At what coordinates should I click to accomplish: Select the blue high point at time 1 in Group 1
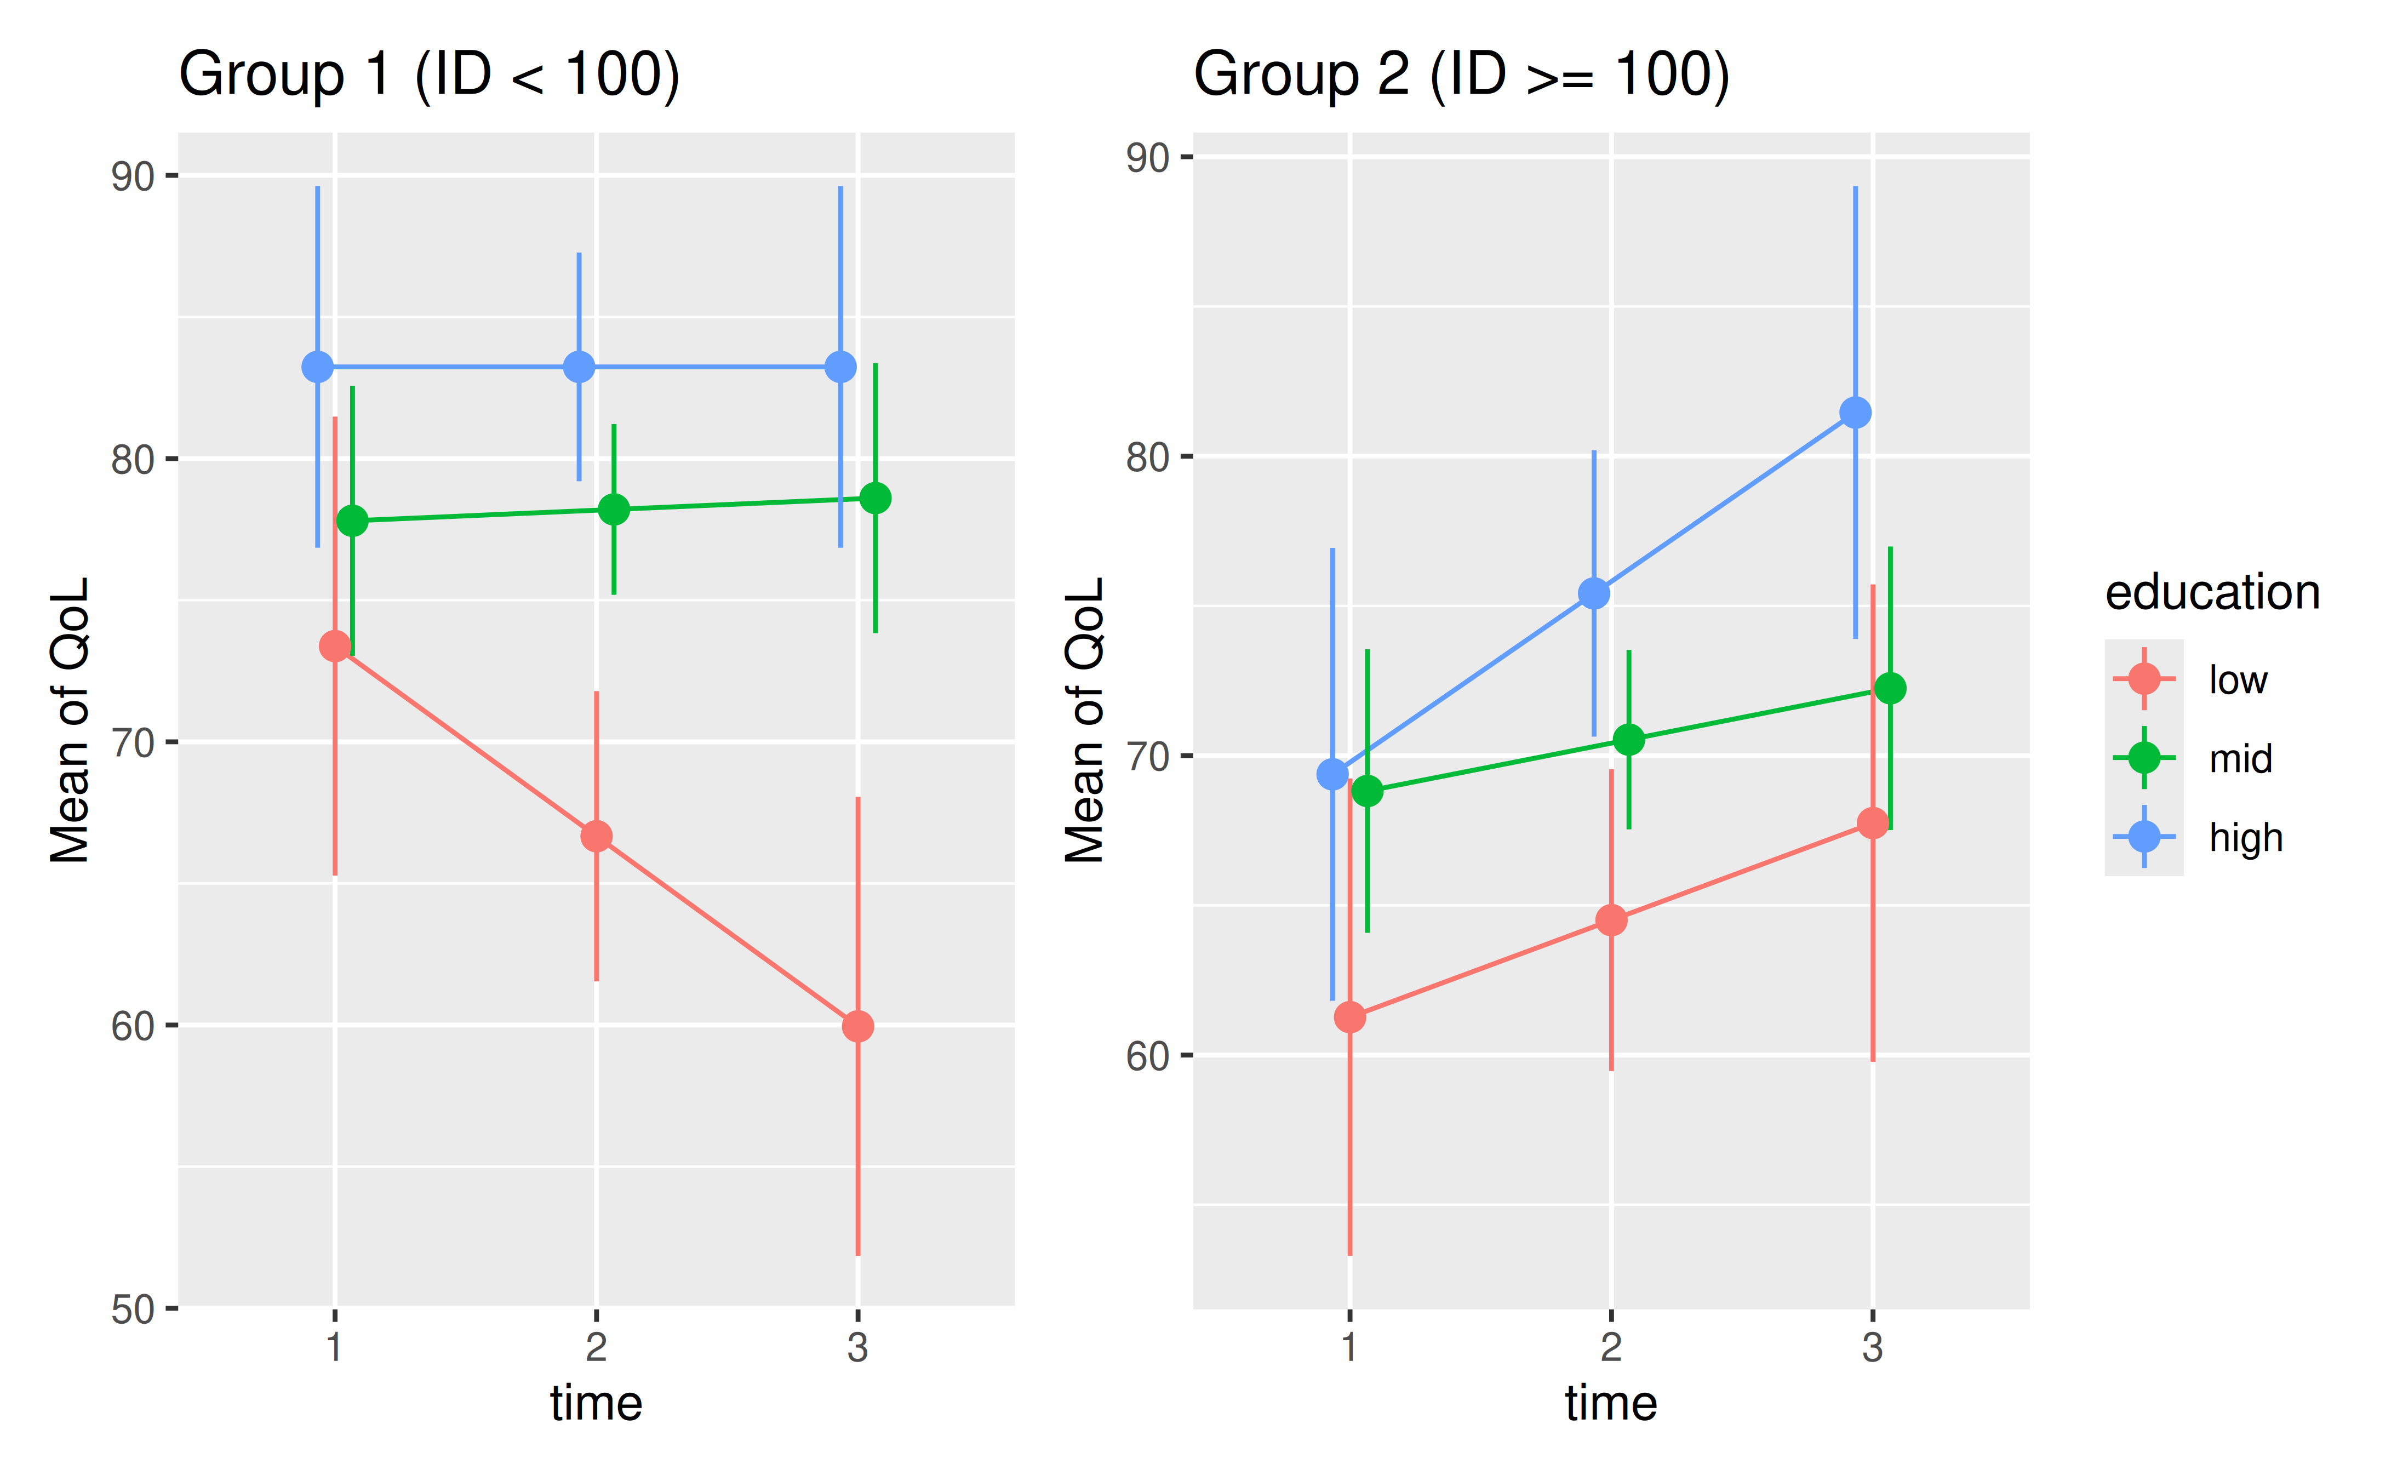click(317, 367)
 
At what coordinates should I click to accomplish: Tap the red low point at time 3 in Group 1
click(858, 1027)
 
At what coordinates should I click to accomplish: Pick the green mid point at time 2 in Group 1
click(614, 510)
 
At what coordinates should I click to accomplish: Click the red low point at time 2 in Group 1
click(596, 837)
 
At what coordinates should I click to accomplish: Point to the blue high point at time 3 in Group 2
click(1855, 413)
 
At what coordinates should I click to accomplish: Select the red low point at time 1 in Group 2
click(1349, 1017)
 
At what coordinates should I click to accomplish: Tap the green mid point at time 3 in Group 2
click(1890, 689)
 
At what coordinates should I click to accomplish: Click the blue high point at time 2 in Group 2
click(1594, 593)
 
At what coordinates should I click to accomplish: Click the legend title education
click(2212, 593)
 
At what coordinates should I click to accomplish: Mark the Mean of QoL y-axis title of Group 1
click(71, 720)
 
